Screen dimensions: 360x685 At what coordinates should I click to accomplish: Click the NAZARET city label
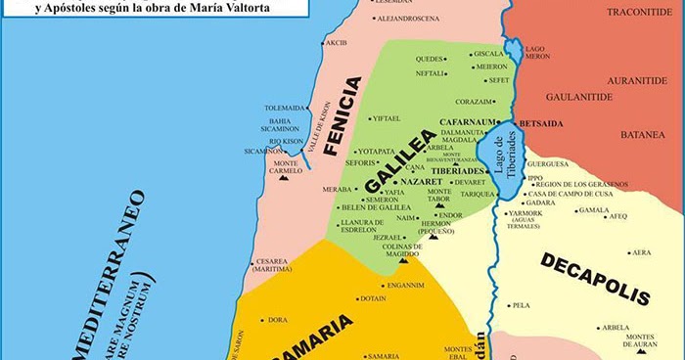[423, 182]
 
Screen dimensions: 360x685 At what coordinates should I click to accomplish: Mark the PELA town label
[521, 305]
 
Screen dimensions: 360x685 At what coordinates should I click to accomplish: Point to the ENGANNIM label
[405, 286]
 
